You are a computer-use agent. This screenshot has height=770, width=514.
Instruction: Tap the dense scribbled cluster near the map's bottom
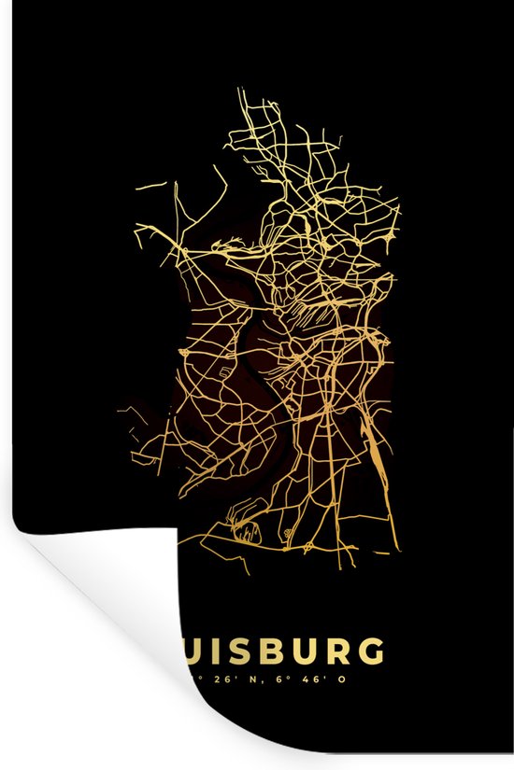(x=246, y=532)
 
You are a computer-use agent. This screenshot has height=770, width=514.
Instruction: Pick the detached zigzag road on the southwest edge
(x=140, y=458)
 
